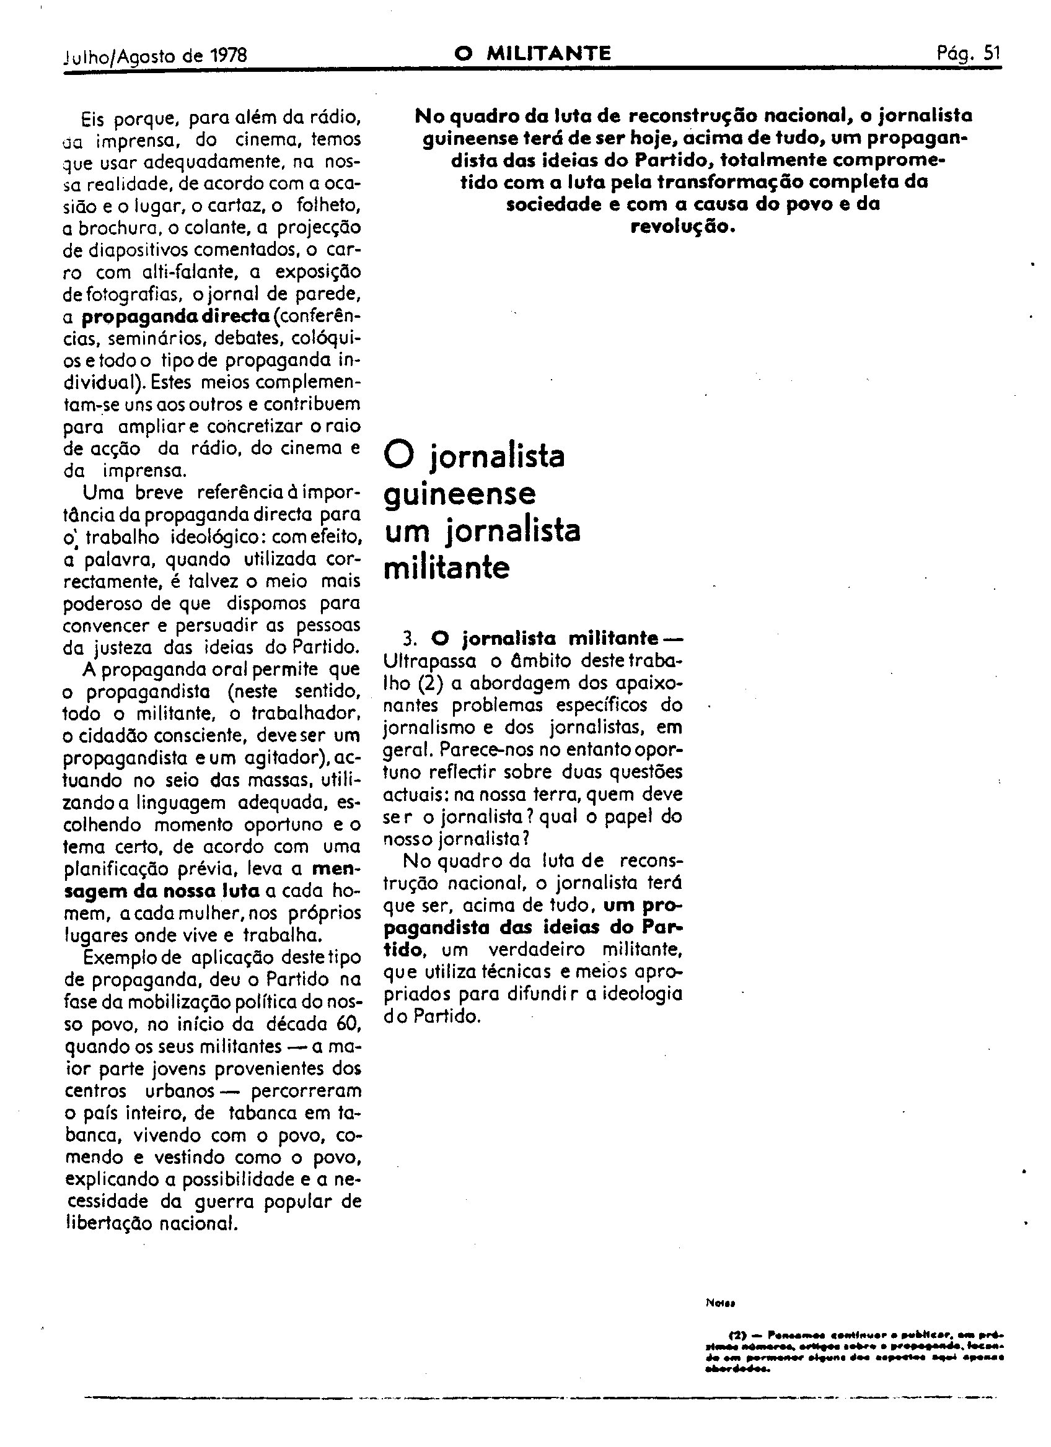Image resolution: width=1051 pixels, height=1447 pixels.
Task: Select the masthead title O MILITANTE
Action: pyautogui.click(x=532, y=54)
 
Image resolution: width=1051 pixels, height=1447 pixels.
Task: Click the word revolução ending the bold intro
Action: pyautogui.click(x=683, y=227)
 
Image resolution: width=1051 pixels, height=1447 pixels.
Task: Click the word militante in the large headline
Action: pyautogui.click(x=447, y=568)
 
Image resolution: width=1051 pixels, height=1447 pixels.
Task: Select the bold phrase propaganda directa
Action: pyautogui.click(x=175, y=317)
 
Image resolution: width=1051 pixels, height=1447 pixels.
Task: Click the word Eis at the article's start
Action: pyautogui.click(x=92, y=118)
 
